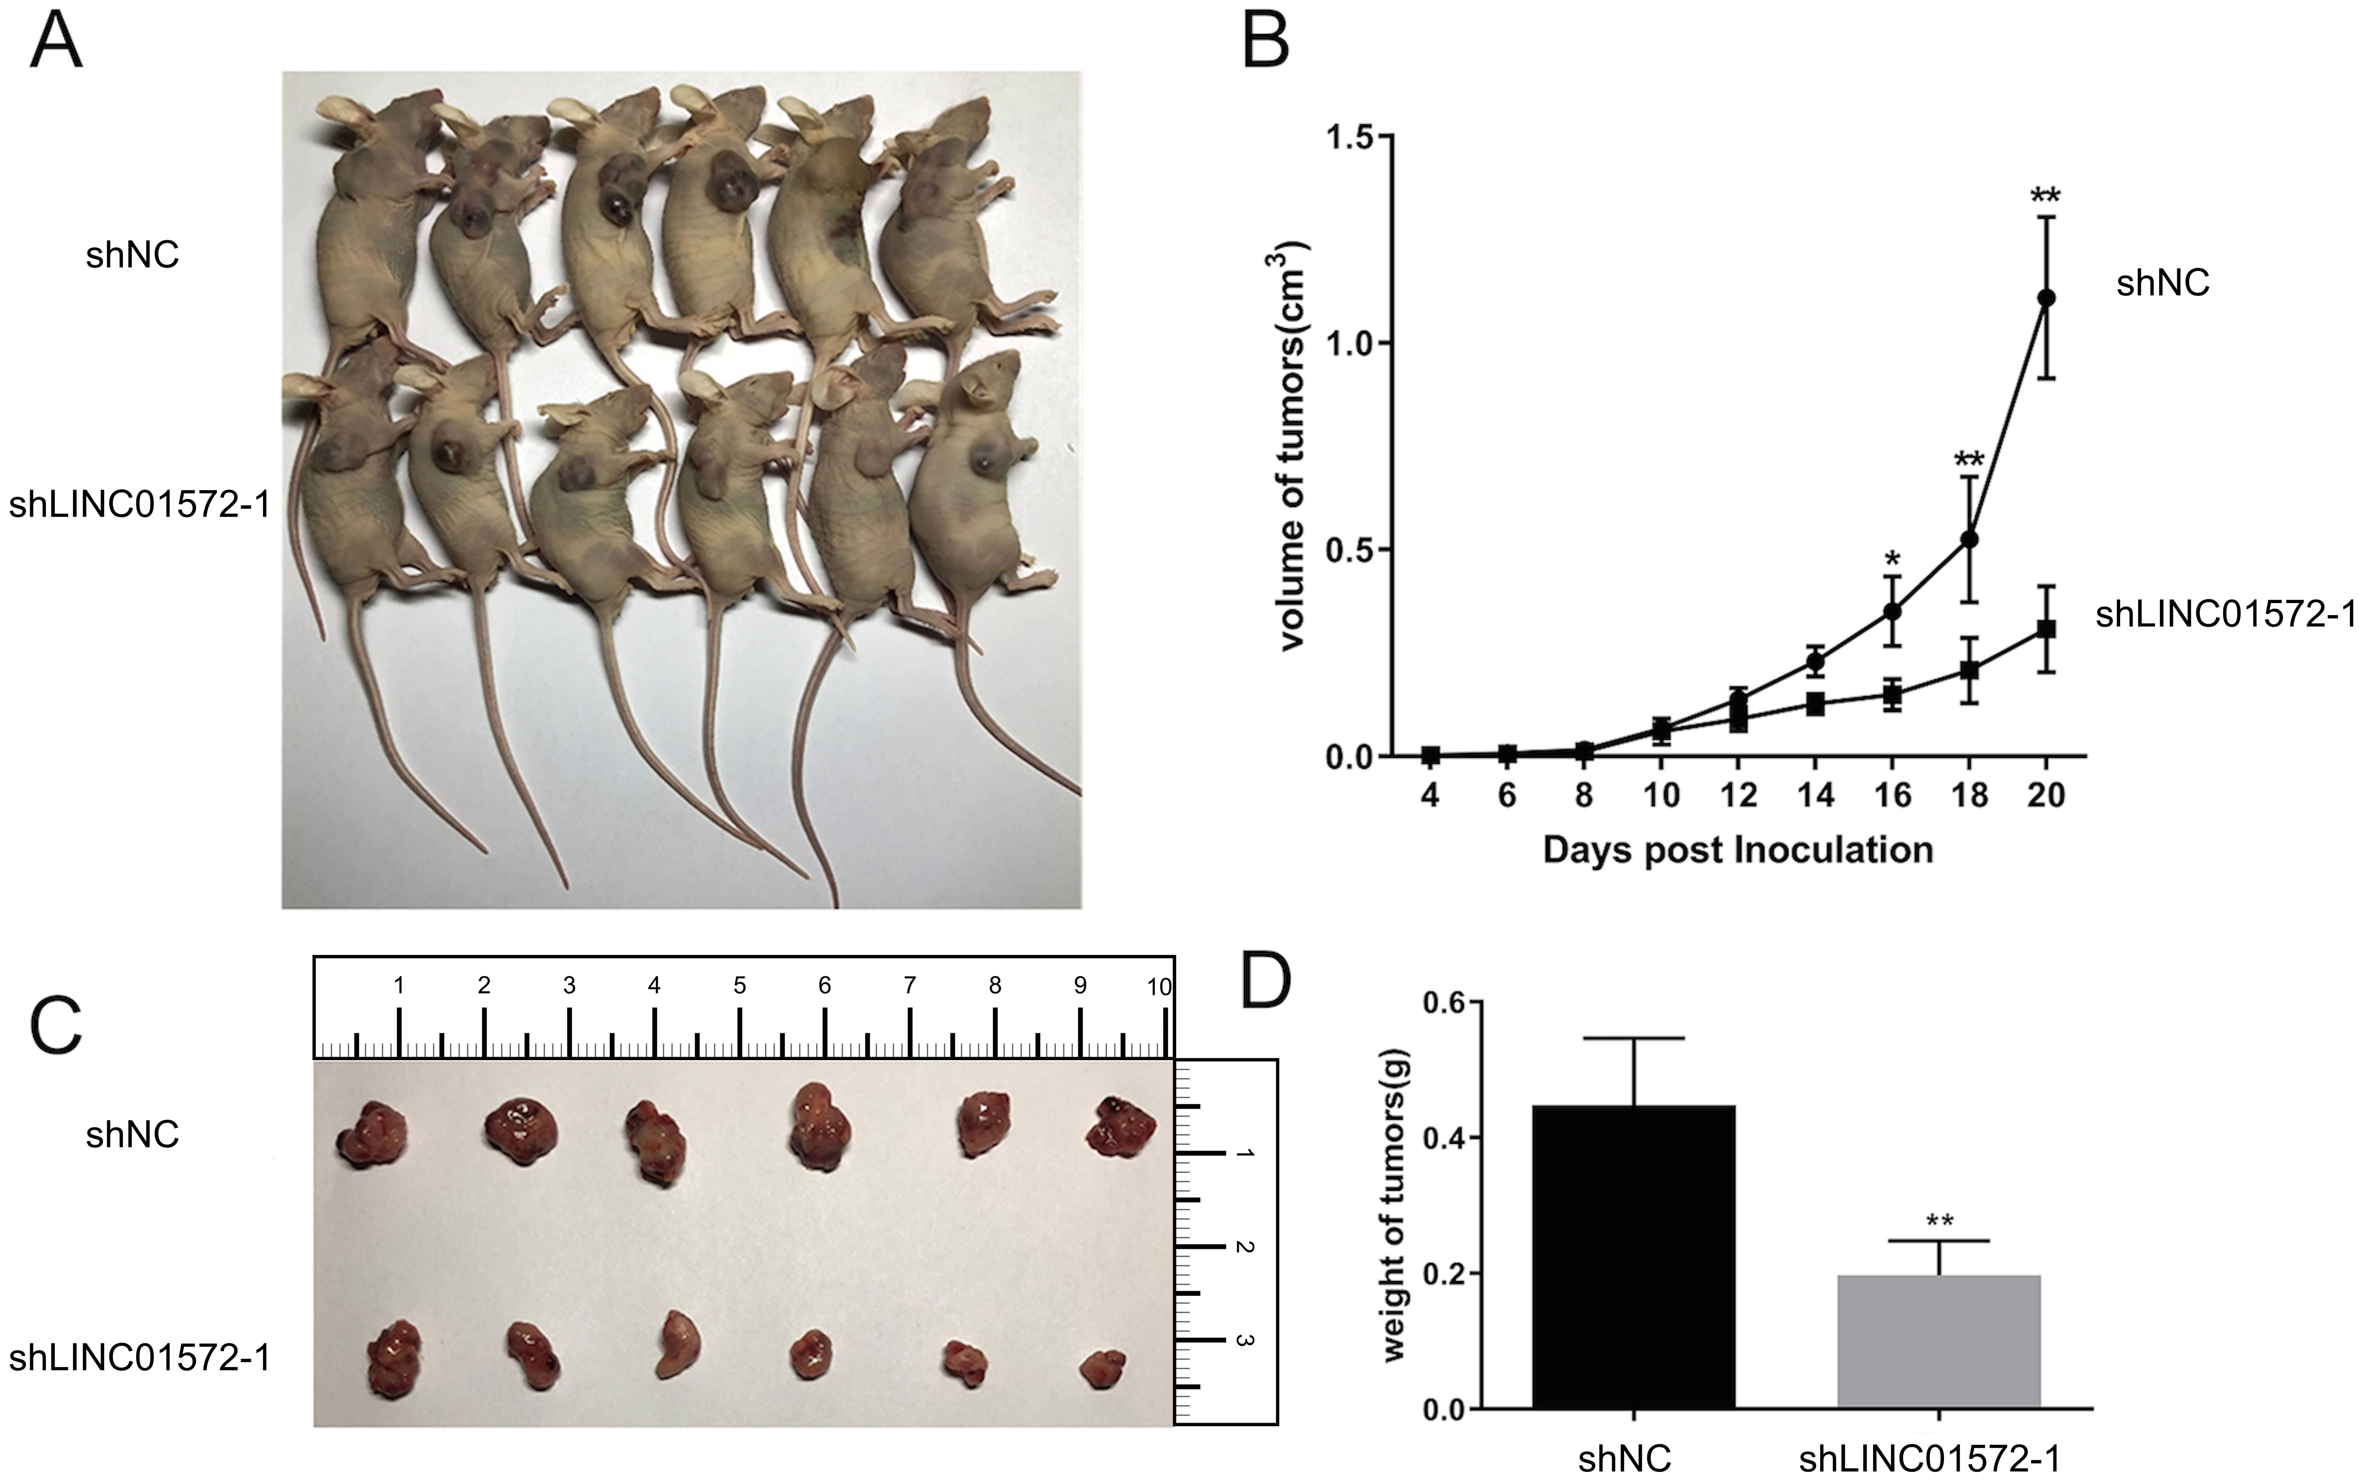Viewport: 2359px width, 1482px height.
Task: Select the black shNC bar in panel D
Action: tap(1634, 1257)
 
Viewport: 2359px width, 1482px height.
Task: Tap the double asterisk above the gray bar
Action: tap(1940, 1222)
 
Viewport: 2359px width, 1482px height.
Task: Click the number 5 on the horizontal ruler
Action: tap(739, 985)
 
